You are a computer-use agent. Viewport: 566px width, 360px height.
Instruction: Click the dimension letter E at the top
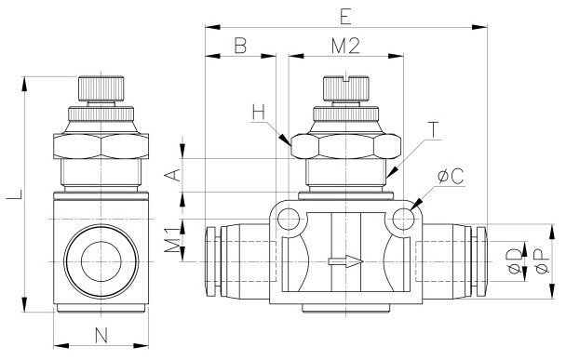click(345, 17)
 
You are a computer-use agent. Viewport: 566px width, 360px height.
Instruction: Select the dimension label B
click(240, 46)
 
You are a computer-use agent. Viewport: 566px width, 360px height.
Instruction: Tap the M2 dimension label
click(345, 46)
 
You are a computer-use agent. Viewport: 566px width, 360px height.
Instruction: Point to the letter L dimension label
click(16, 194)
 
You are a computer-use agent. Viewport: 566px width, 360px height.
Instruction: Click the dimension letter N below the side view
click(101, 336)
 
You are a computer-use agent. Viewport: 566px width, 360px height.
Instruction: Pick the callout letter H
click(259, 112)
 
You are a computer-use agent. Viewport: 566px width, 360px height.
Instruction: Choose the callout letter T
click(433, 130)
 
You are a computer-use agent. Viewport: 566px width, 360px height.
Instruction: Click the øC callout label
click(451, 177)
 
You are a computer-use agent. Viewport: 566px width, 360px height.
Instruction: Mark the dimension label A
click(172, 175)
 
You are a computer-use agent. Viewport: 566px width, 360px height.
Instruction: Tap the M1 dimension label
click(172, 240)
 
